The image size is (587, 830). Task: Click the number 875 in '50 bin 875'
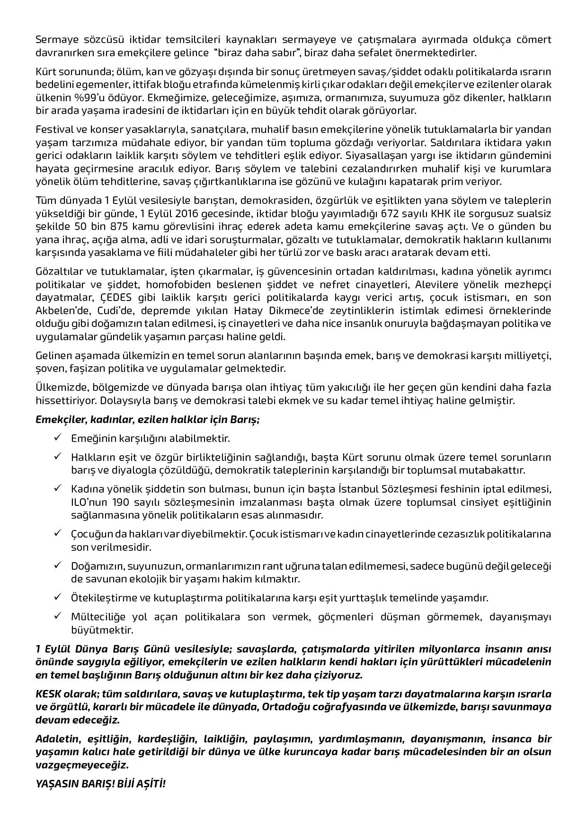click(x=103, y=226)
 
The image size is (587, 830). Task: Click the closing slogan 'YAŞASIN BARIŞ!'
click(x=72, y=784)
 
